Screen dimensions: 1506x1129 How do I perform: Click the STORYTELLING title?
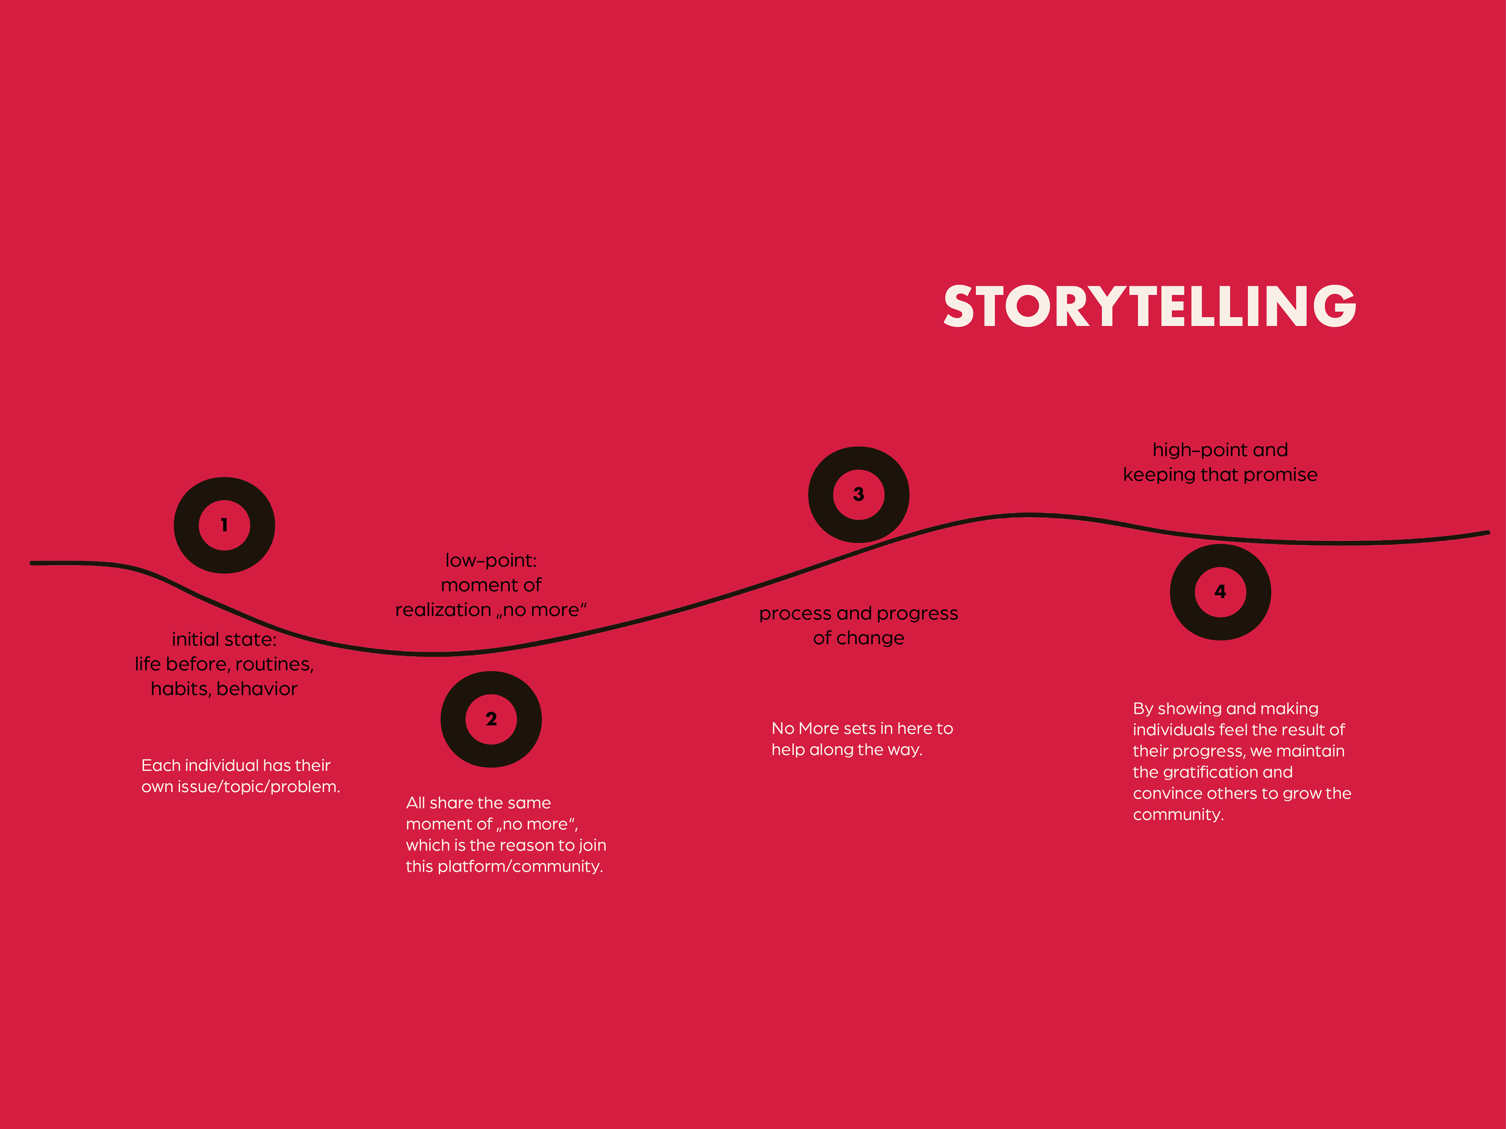coord(1149,307)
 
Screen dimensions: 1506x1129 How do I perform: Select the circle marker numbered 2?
coord(491,719)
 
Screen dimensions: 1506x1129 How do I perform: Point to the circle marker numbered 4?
coord(1220,592)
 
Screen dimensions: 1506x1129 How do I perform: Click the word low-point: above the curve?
coord(491,561)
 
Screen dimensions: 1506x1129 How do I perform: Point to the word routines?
coord(275,664)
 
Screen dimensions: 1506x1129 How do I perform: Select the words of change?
coord(858,638)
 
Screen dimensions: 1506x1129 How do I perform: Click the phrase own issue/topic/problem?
coord(240,787)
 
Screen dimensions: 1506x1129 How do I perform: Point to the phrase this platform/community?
coord(504,866)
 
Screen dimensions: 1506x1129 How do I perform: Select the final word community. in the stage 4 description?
coord(1178,815)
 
